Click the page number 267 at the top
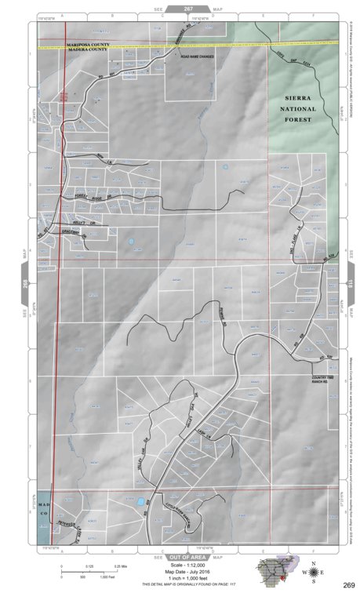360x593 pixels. tap(188, 7)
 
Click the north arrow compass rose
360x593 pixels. tap(314, 572)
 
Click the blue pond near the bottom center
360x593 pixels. tap(139, 500)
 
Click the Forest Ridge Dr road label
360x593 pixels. tap(91, 196)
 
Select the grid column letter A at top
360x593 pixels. tap(61, 15)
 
